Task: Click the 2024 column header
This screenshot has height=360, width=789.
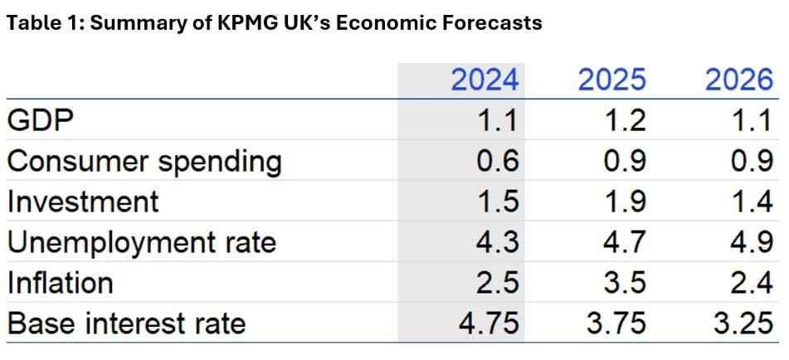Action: coord(485,80)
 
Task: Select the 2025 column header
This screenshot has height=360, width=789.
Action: coord(611,80)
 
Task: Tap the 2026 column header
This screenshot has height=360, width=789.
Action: coord(738,80)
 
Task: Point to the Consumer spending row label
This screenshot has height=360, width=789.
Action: coord(144,161)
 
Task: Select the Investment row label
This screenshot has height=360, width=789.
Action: coord(82,202)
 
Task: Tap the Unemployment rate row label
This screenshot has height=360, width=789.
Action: coord(142,242)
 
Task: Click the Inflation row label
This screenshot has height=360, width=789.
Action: coord(60,283)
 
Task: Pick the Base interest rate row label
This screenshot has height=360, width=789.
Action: coord(127,323)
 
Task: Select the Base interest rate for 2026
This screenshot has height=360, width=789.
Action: coord(743,323)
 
